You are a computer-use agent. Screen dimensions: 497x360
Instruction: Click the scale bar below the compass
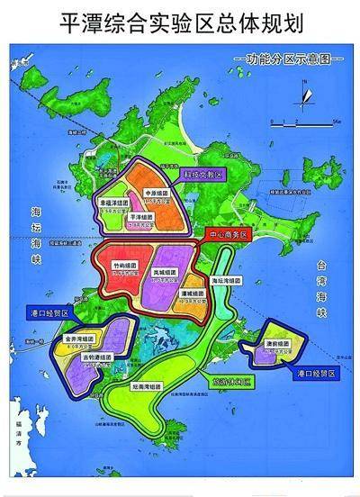304,118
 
